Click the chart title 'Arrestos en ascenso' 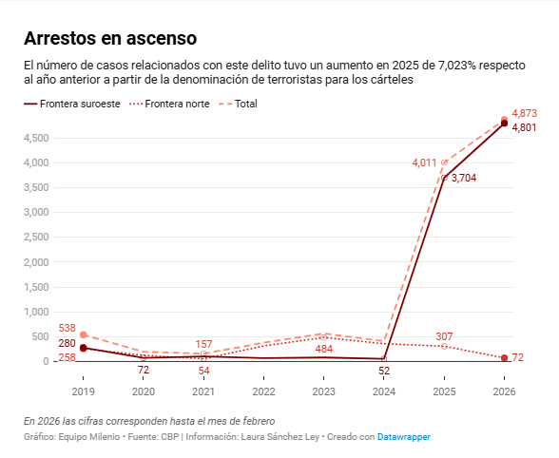coord(110,38)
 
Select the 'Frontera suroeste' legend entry coord(72,104)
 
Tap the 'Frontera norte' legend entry coord(169,104)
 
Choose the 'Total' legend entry coord(238,104)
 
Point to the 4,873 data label coord(524,113)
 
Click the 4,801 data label coord(524,127)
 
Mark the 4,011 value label coord(424,162)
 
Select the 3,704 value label coord(464,178)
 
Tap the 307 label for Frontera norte coord(444,336)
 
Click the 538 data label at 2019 coord(67,328)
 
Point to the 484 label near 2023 coord(323,349)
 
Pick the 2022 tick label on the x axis coord(264,391)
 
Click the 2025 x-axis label coord(444,391)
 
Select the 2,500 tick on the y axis coord(36,237)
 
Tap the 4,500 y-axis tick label coord(36,139)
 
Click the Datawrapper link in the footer coord(404,436)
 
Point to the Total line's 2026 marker coord(504,120)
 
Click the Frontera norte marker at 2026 coord(504,358)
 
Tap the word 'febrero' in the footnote coord(260,421)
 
